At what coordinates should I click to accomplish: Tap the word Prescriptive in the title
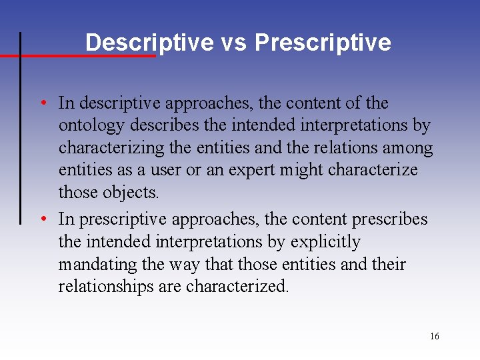[323, 43]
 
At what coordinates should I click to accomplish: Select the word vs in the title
[233, 43]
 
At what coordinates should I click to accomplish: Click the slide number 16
[434, 337]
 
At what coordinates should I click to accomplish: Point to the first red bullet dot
[42, 103]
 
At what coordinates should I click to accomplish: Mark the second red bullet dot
[42, 219]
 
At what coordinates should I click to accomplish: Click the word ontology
[92, 125]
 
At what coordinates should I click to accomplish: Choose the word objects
[131, 192]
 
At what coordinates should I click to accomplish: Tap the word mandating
[97, 265]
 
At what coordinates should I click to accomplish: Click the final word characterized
[237, 287]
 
